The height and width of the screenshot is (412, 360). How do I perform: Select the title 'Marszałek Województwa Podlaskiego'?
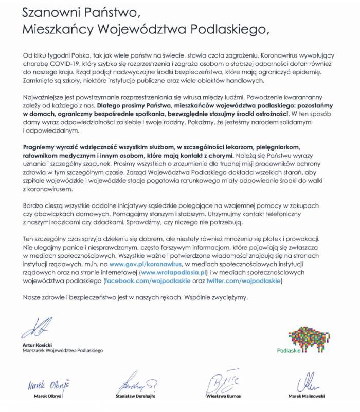point(62,350)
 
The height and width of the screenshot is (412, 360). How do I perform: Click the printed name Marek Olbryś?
point(48,397)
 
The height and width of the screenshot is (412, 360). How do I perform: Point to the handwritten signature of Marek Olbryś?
point(48,384)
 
